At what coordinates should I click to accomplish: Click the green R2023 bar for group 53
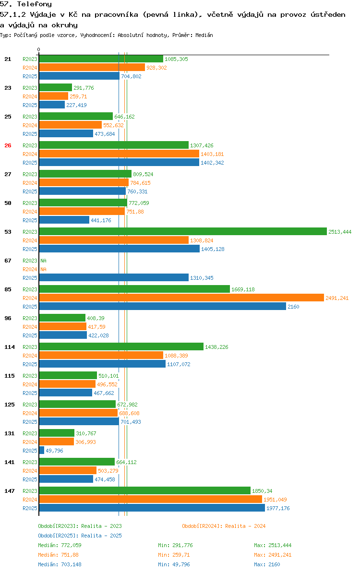click(182, 232)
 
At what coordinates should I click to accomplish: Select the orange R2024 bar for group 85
click(181, 298)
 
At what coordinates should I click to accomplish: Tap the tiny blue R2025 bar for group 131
click(42, 451)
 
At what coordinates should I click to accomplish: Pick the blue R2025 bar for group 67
click(114, 278)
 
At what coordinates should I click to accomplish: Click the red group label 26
click(8, 145)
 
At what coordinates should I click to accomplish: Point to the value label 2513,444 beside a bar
click(340, 232)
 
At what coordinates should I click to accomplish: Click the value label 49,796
click(54, 451)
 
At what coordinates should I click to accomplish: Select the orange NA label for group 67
click(43, 269)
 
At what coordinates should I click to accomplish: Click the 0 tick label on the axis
click(39, 49)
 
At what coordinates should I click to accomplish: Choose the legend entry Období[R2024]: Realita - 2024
click(224, 526)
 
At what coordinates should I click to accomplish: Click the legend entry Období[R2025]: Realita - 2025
click(80, 536)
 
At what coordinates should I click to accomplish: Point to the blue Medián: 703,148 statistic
click(60, 564)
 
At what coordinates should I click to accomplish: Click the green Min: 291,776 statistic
click(175, 545)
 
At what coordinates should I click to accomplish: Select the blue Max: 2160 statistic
click(267, 564)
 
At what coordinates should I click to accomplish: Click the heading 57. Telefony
click(26, 4)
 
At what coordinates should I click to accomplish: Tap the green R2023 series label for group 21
click(30, 59)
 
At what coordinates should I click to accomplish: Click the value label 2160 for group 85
click(293, 307)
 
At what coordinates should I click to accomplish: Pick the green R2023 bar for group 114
click(121, 347)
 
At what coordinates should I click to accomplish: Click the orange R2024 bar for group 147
click(150, 500)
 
